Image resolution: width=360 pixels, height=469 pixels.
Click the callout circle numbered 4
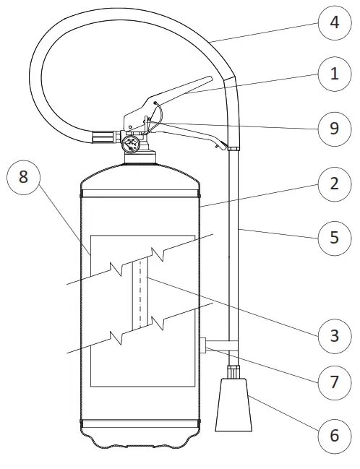point(334,22)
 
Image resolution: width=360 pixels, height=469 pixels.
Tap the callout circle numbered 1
point(334,74)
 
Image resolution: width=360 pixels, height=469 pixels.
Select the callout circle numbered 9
point(334,129)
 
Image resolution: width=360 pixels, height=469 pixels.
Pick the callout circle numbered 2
point(334,184)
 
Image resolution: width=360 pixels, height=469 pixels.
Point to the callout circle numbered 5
point(334,238)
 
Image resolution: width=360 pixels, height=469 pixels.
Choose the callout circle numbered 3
point(334,336)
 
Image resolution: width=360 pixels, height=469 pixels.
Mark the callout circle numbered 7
point(334,383)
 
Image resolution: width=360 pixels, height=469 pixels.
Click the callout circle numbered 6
point(334,436)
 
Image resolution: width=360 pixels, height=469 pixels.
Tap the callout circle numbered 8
point(23,177)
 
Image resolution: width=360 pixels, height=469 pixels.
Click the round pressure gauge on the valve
point(131,145)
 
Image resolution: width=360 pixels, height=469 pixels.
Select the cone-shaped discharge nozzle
point(233,405)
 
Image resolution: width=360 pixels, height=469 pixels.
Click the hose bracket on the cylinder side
point(218,345)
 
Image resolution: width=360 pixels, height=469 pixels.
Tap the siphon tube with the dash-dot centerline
point(140,294)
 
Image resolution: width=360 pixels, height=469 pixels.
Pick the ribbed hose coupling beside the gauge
point(103,137)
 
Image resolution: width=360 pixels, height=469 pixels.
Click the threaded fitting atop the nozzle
point(233,371)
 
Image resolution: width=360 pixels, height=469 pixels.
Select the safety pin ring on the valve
point(155,117)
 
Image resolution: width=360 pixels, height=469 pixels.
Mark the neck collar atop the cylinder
point(140,158)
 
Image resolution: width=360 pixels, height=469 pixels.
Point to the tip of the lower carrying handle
point(223,147)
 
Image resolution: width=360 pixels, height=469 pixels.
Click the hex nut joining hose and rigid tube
point(233,148)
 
